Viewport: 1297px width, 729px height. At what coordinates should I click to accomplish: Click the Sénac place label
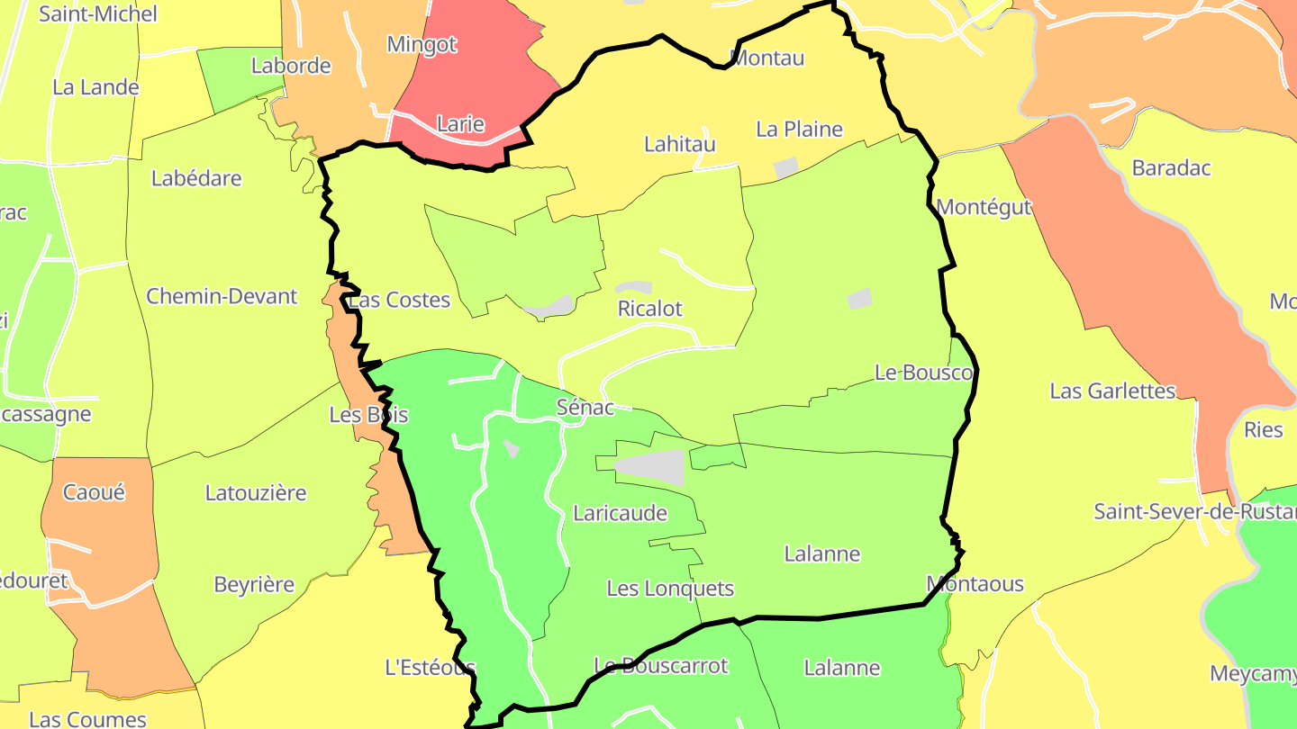pos(585,408)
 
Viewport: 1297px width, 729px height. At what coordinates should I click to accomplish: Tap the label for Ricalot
pos(649,309)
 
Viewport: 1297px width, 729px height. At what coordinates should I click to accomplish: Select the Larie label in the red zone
pos(460,124)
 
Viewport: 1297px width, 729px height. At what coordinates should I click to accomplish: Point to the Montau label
pos(766,58)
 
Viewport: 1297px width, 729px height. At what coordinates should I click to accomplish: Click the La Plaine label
pos(799,129)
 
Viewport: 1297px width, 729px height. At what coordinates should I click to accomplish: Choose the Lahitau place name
pos(680,144)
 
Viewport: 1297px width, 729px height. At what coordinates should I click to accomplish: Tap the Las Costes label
pos(399,300)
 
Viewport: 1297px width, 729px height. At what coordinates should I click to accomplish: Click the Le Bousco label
pos(924,373)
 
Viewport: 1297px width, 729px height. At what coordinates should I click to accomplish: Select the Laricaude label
pos(620,513)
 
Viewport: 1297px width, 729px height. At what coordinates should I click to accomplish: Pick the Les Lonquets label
pos(670,589)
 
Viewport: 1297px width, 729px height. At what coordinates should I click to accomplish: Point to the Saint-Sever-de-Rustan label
pos(1194,511)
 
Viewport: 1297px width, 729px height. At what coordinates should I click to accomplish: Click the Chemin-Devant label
pos(222,296)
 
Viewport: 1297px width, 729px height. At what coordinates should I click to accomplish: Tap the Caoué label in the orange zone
pos(94,492)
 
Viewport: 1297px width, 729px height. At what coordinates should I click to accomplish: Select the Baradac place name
pos(1171,167)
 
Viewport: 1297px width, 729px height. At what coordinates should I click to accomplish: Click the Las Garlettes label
pos(1112,391)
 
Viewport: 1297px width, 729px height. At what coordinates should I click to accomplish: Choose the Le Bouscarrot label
pos(660,666)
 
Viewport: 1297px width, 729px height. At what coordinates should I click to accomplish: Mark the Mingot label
pos(422,43)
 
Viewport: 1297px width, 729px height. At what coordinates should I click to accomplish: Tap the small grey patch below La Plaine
pos(786,167)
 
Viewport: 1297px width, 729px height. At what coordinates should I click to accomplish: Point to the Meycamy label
pos(1252,673)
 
